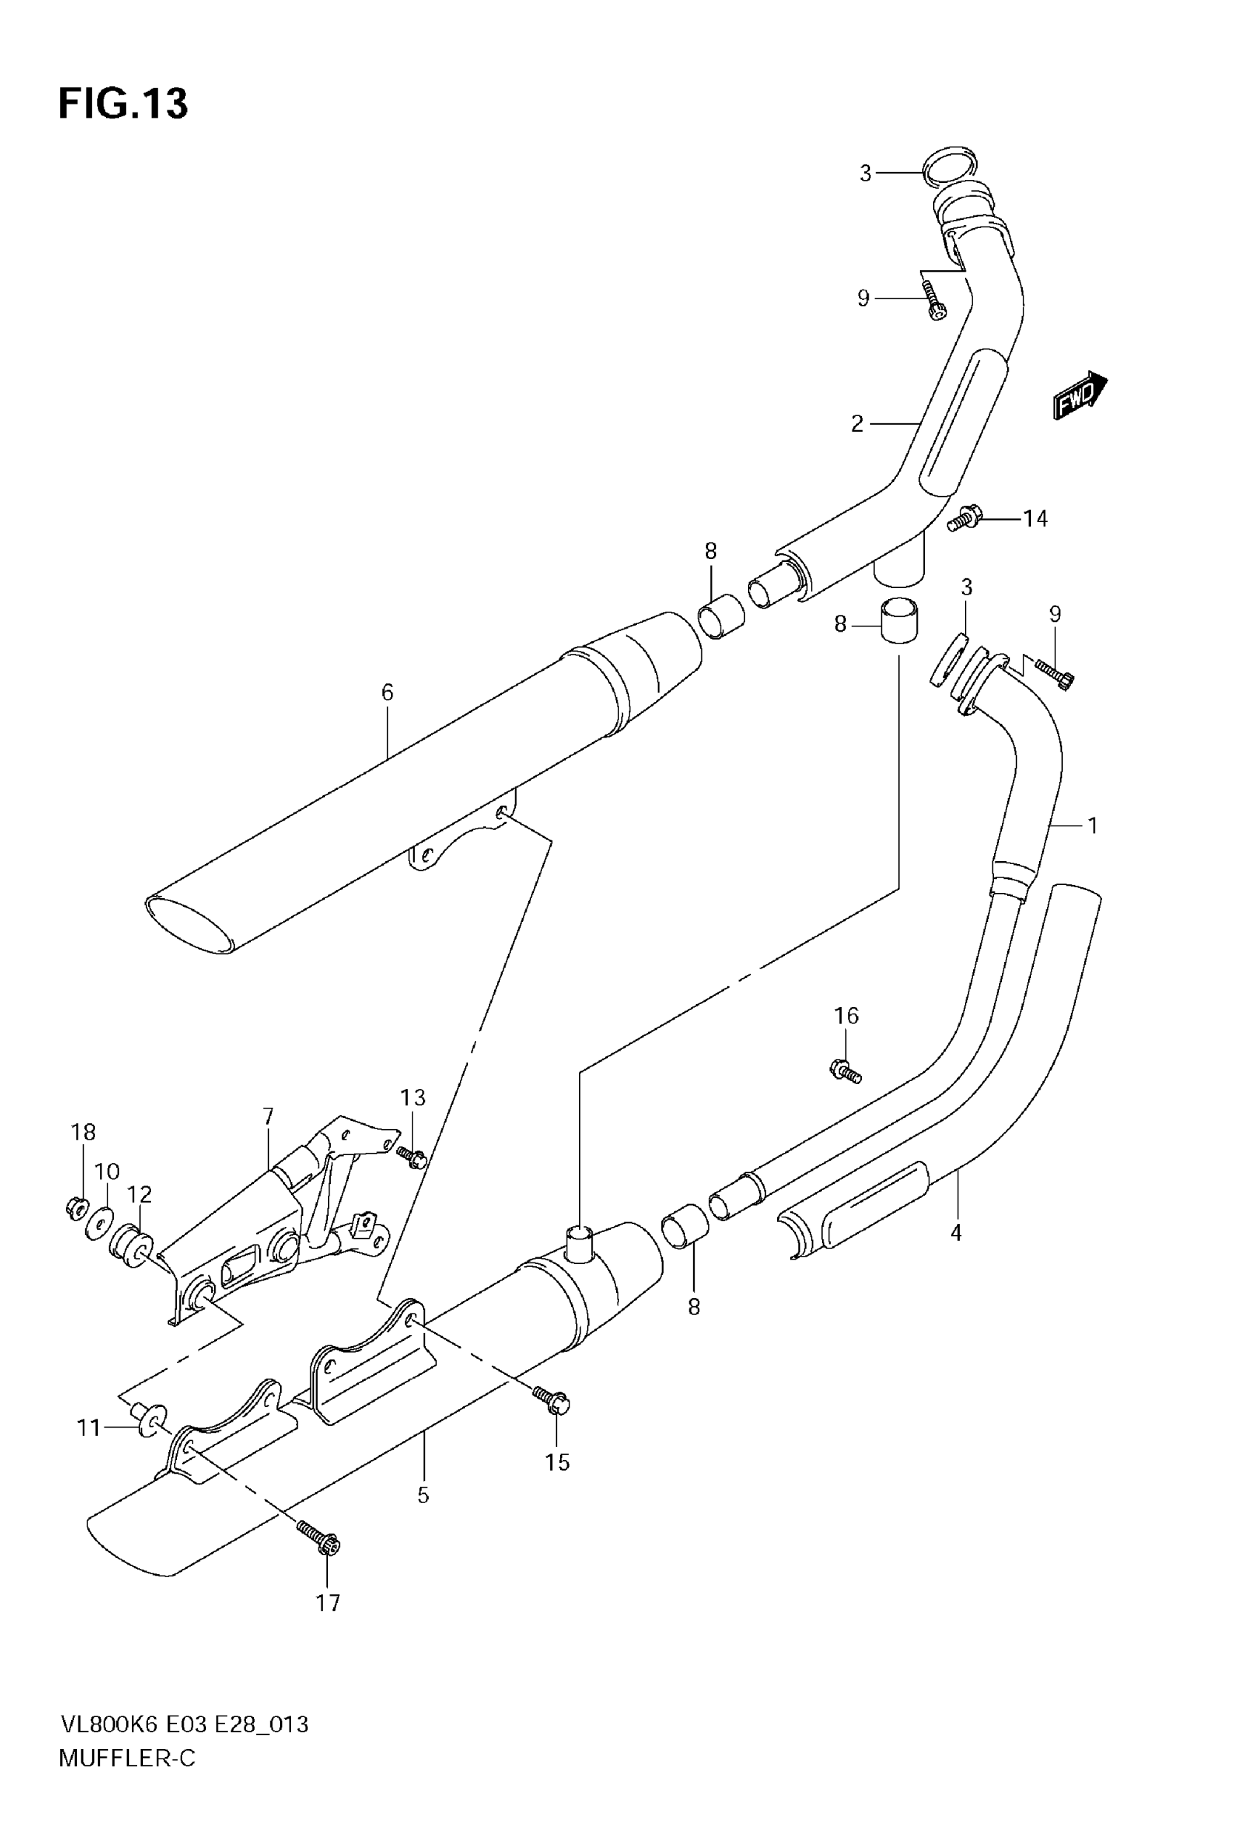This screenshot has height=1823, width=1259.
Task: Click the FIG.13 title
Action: tap(123, 104)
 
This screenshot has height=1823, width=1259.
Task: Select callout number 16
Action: tap(846, 1017)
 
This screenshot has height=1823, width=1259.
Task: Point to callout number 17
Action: tap(328, 1603)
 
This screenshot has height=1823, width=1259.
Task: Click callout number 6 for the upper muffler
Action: tap(387, 692)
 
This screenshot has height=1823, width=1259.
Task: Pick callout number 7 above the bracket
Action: tap(268, 1116)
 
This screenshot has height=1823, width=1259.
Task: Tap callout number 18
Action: tap(83, 1132)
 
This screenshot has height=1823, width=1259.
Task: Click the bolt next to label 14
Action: tap(964, 519)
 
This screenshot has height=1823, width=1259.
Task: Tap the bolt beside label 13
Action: tap(412, 1157)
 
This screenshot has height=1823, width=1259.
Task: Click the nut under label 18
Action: tap(76, 1205)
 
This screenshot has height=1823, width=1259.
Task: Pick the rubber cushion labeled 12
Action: tap(131, 1246)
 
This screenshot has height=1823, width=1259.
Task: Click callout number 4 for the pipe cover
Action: tap(956, 1232)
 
